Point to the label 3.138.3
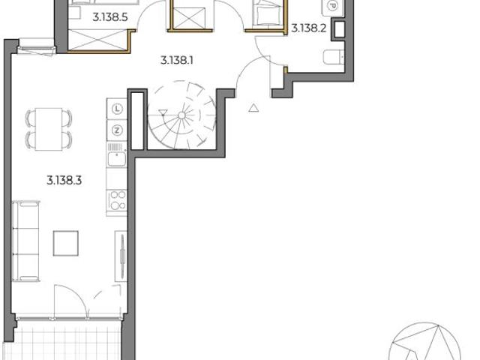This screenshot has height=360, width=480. (64, 180)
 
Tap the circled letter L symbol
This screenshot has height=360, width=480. (117, 109)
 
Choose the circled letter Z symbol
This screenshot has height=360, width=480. (117, 130)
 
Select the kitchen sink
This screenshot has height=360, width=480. (116, 157)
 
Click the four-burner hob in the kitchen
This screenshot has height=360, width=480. (117, 201)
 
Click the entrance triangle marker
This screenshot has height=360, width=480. (253, 108)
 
